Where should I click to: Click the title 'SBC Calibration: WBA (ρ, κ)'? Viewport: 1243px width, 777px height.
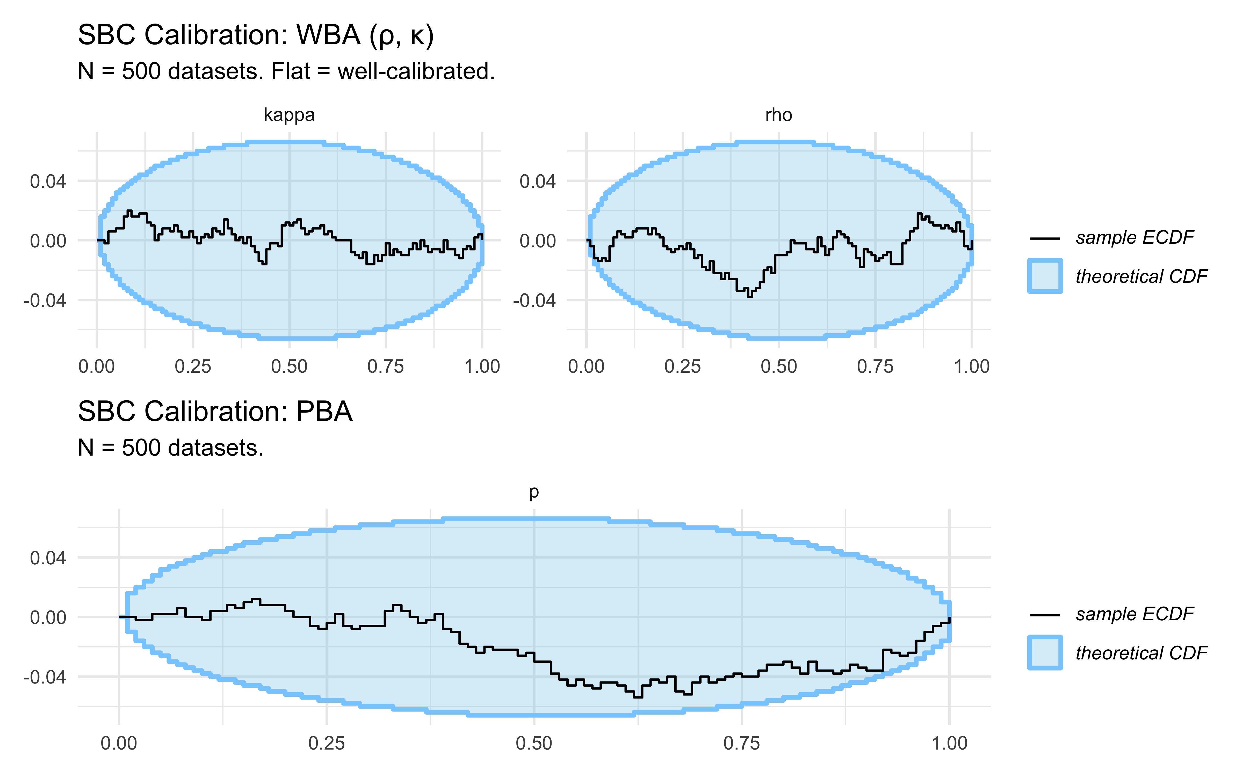pos(256,36)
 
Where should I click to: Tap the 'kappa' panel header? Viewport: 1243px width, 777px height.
pos(289,114)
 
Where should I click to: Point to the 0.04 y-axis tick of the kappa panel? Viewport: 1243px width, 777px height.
pos(48,181)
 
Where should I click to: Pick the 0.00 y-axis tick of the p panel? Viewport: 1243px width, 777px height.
pos(48,617)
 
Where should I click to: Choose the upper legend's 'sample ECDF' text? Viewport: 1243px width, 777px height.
pos(1134,238)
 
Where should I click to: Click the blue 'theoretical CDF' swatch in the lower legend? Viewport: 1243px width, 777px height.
pos(1045,653)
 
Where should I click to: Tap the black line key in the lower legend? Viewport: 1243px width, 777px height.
pos(1045,615)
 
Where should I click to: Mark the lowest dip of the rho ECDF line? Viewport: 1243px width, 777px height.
pos(750,296)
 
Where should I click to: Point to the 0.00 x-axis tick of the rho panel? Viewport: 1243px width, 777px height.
pos(586,366)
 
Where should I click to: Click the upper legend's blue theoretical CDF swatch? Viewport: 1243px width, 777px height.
pos(1045,276)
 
